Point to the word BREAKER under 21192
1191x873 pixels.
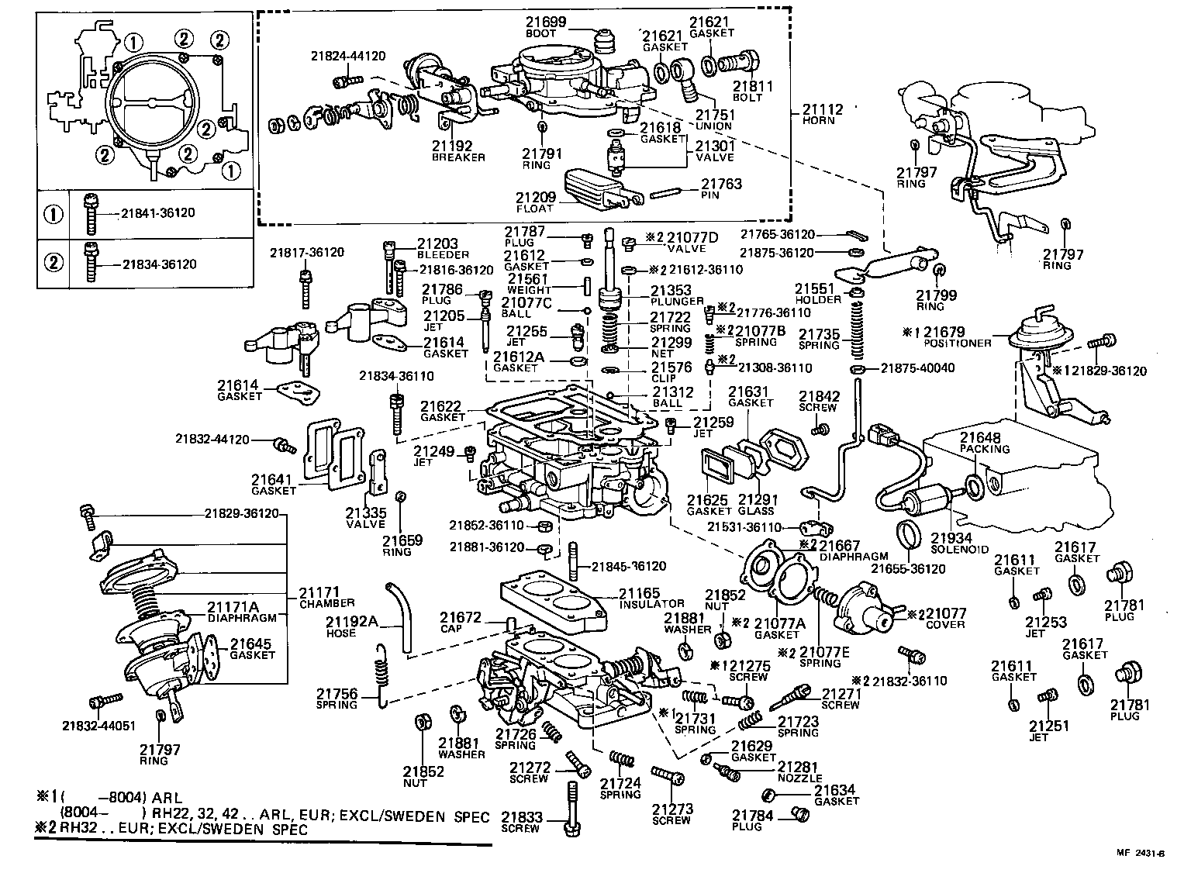[x=458, y=157]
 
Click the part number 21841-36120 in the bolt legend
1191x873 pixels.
[x=158, y=213]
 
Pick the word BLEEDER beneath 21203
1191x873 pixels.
[x=443, y=254]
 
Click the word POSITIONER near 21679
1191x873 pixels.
[x=958, y=343]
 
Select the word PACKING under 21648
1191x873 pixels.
[x=986, y=449]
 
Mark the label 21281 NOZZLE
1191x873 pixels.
[x=799, y=771]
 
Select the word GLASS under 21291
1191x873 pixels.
[x=756, y=511]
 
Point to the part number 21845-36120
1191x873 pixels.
[x=629, y=567]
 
